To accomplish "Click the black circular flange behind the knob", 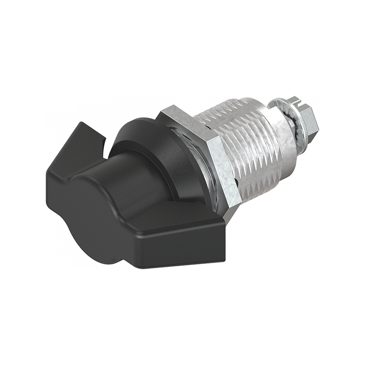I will (x=151, y=137).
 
